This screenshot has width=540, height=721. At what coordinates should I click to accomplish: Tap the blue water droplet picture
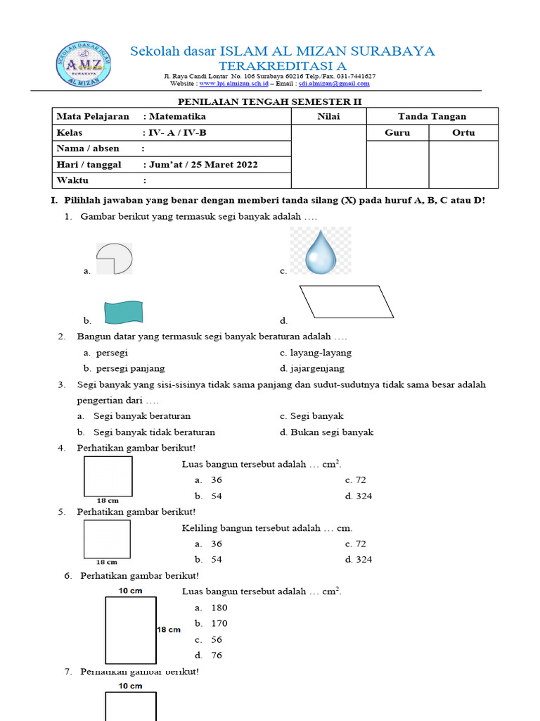321,251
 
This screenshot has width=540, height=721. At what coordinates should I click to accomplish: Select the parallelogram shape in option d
349,303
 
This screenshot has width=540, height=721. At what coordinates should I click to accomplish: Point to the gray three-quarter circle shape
114,258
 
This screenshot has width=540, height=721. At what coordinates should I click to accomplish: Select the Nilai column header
328,116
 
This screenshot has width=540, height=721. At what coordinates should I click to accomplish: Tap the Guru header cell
397,132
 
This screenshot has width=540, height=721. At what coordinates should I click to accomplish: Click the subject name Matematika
176,116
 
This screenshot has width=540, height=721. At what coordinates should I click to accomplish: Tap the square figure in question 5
107,539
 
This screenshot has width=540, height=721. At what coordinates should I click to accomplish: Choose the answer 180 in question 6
219,608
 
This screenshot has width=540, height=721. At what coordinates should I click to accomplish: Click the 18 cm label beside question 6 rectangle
169,629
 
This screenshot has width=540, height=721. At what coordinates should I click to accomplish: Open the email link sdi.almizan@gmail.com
333,83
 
